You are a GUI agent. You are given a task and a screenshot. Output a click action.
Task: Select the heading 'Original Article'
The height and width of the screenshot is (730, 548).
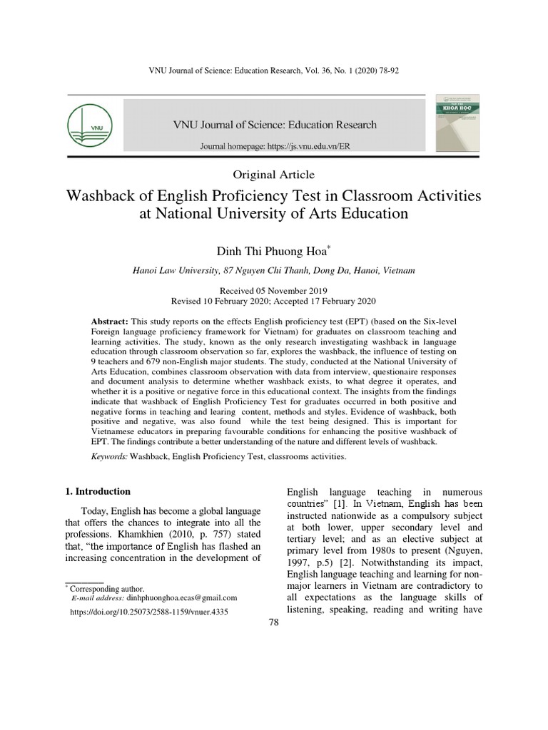pyautogui.click(x=273, y=175)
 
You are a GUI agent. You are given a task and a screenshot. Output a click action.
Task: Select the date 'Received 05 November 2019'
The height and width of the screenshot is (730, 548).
pyautogui.click(x=273, y=291)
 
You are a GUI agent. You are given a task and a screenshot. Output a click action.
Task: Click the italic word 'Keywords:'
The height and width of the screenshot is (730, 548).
pyautogui.click(x=110, y=456)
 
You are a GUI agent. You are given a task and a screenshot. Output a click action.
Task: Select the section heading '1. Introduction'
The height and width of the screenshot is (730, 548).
pyautogui.click(x=98, y=491)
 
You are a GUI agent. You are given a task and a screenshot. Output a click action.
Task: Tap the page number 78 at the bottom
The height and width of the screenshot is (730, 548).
pyautogui.click(x=273, y=622)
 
